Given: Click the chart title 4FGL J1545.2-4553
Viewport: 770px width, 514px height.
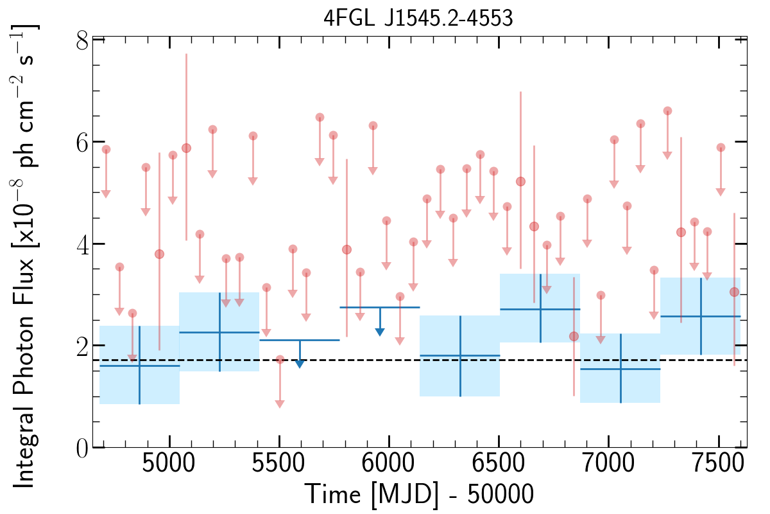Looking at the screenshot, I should point(418,18).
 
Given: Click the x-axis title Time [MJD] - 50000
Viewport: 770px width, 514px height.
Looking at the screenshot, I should point(418,495).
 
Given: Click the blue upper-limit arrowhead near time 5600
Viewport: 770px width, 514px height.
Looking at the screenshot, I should point(300,364).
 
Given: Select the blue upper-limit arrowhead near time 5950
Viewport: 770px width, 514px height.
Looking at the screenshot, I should point(380,332).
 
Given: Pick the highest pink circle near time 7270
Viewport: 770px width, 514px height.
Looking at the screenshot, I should point(667,111).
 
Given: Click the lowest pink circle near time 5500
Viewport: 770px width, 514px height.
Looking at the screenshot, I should point(280,360).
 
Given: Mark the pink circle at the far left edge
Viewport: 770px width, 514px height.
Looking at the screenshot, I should point(106,150).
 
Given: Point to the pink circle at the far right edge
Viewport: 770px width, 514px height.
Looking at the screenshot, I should point(734,292).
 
